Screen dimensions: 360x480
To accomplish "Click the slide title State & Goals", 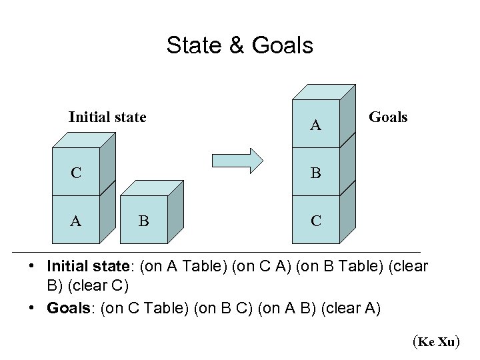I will coord(239,45).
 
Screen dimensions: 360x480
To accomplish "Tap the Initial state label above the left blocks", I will coord(107,117).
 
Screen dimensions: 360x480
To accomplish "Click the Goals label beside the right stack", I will coord(388,117).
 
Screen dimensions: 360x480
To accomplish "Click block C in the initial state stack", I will coord(77,173).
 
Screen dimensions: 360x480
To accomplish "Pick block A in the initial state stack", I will coord(76,221).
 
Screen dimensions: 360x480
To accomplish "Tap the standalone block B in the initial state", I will coord(143,221).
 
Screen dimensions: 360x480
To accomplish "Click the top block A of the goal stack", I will coord(316,124).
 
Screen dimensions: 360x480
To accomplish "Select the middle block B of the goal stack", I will coord(316,173).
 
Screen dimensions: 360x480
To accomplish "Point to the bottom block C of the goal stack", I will coord(316,221).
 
